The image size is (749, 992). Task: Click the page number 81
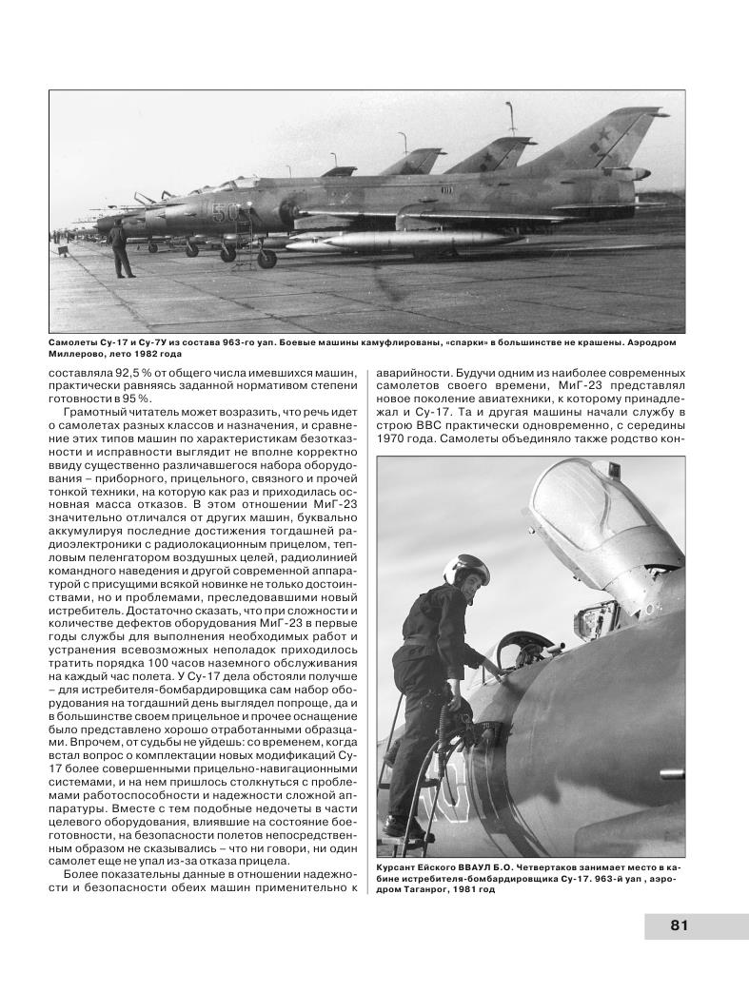pos(680,925)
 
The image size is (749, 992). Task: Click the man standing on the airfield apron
pos(118,250)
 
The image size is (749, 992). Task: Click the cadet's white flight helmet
pos(468,570)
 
